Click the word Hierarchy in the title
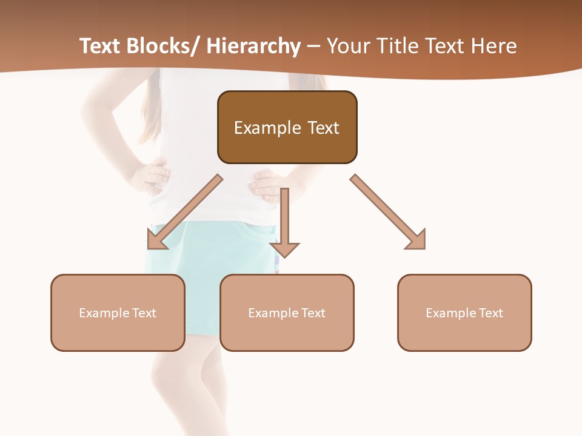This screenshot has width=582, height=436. coord(253,47)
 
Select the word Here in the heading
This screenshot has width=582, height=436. coord(494,47)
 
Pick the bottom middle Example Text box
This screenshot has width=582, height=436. coord(287,333)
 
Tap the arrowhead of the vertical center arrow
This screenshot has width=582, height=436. coord(284,249)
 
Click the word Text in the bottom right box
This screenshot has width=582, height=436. coord(490,313)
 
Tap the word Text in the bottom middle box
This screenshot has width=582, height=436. coord(313,313)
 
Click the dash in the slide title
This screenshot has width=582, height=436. coord(313,47)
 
